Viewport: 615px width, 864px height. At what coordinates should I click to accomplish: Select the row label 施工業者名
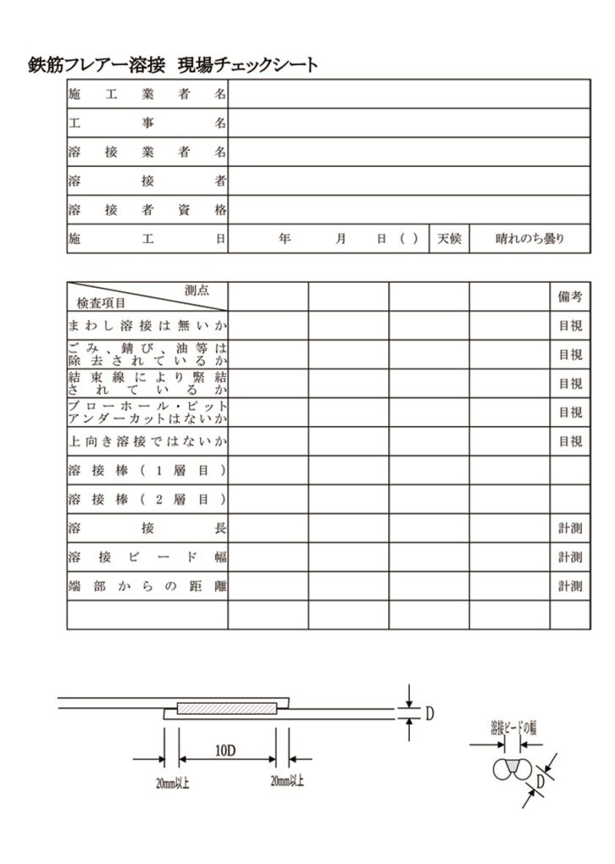click(x=147, y=94)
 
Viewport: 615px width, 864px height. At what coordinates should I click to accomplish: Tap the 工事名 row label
click(x=147, y=123)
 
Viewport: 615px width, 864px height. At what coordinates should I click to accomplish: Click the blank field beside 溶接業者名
click(x=408, y=152)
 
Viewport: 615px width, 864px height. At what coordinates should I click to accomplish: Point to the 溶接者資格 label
click(x=147, y=209)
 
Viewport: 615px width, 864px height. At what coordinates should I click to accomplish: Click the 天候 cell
click(x=449, y=239)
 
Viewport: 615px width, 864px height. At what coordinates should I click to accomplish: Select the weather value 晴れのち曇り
click(x=529, y=239)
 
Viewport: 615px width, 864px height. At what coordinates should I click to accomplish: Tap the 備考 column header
click(x=569, y=297)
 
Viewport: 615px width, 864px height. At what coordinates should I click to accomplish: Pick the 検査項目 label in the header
click(x=100, y=303)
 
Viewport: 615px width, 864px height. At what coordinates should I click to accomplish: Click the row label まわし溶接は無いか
click(x=147, y=326)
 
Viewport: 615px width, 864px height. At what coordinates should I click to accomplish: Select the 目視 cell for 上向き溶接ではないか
click(x=569, y=441)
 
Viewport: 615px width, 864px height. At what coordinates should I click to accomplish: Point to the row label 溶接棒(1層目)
click(x=147, y=470)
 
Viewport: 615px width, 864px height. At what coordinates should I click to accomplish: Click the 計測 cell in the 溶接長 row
click(x=569, y=528)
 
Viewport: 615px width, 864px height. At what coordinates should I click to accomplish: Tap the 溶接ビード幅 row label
click(x=147, y=557)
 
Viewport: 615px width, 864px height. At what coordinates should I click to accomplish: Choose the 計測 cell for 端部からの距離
click(x=569, y=586)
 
